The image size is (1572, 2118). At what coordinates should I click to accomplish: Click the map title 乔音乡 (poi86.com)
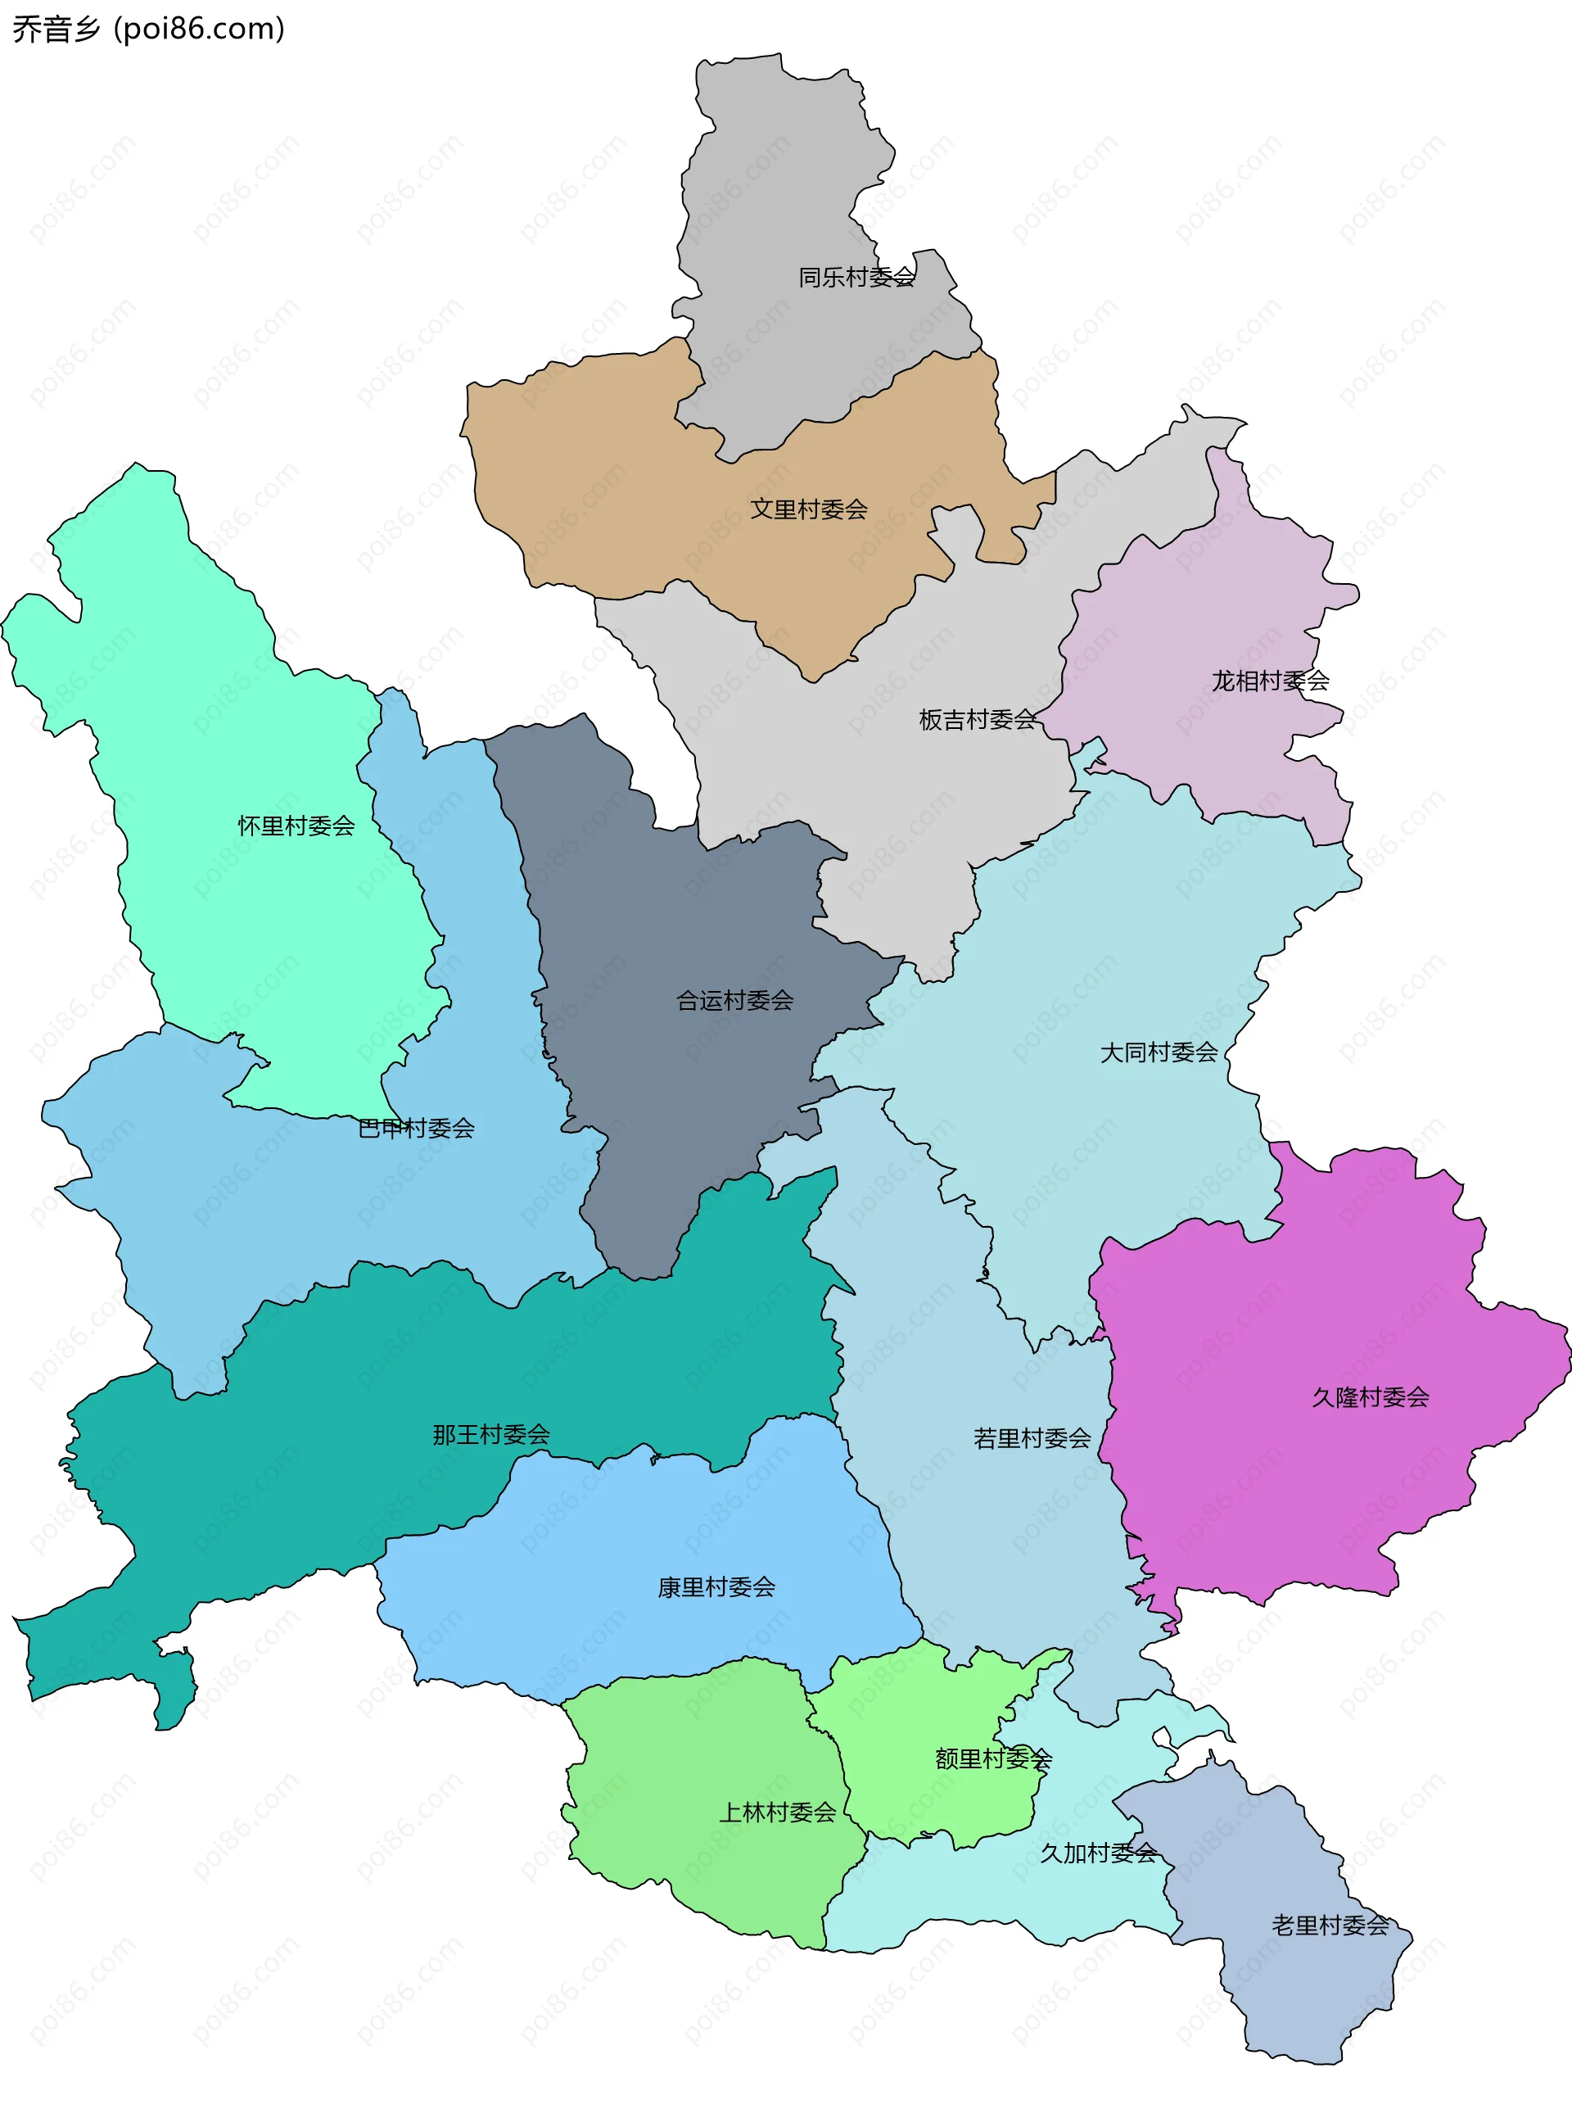148,29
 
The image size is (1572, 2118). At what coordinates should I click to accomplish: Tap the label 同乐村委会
856,277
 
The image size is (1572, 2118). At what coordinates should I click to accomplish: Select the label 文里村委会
809,509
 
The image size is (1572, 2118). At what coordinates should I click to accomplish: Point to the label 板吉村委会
978,720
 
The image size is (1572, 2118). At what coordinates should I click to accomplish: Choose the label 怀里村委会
296,826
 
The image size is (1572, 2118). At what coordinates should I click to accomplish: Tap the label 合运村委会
734,1001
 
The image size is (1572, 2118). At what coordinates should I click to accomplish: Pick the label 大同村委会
1159,1052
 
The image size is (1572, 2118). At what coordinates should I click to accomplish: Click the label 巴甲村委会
416,1128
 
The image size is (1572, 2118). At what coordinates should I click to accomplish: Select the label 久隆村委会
1371,1396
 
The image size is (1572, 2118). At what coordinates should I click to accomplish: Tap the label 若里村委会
1032,1437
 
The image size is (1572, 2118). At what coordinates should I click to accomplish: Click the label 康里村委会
716,1586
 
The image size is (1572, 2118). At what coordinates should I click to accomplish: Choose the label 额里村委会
993,1758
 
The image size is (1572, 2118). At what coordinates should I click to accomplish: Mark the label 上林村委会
778,1812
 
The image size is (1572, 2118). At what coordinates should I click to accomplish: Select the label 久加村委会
1098,1853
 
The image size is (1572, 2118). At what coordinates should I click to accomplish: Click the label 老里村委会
1330,1925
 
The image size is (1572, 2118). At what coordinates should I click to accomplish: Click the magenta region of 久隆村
1285,1485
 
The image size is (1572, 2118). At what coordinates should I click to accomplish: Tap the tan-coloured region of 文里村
618,476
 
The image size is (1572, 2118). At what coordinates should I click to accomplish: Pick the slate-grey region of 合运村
666,904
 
